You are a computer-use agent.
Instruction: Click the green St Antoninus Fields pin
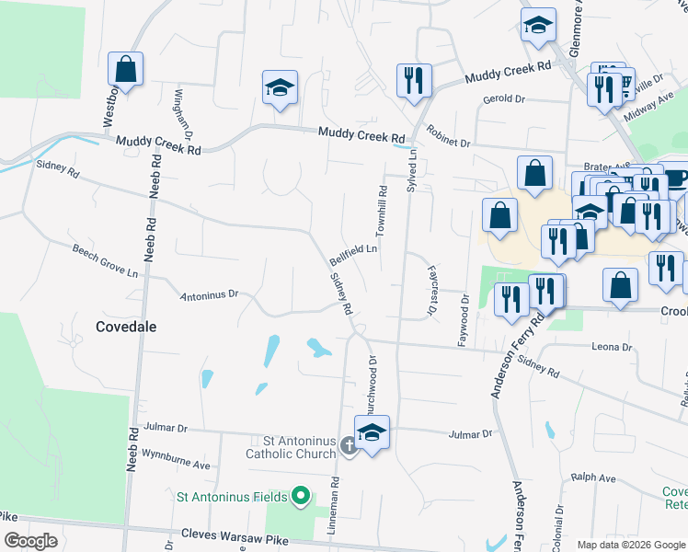[300, 497]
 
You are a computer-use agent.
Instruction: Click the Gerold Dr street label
[502, 98]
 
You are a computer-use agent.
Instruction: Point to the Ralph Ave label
[592, 478]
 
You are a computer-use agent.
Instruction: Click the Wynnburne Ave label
[176, 453]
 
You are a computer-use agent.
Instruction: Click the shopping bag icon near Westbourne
[125, 69]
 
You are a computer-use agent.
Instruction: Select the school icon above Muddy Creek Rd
[280, 88]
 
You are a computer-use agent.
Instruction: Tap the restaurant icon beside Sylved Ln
[414, 80]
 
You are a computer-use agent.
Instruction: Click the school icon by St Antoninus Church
[372, 433]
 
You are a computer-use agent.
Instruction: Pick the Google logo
[30, 541]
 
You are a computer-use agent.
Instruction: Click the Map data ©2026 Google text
[632, 545]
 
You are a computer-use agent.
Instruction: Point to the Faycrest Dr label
[430, 292]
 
